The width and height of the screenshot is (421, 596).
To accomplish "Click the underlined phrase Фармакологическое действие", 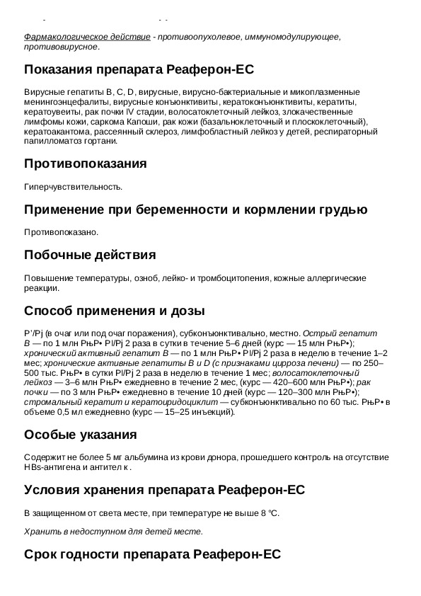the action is tap(87, 37).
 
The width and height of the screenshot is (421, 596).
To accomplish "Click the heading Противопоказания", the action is tap(86, 164).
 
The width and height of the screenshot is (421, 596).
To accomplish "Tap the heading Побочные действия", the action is tap(90, 255).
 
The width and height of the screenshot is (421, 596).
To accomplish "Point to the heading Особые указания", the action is tap(81, 435).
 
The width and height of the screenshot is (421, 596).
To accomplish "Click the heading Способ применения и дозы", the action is tap(115, 311).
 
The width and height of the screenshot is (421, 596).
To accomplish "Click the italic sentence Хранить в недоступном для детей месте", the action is tap(113, 532).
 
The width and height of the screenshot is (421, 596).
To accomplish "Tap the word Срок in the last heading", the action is tap(42, 554).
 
